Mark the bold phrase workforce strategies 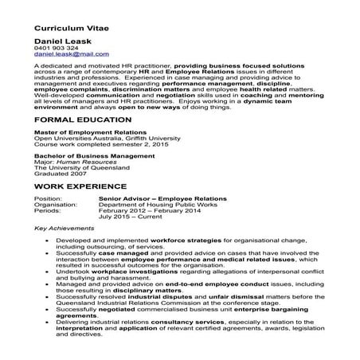point(199,240)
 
